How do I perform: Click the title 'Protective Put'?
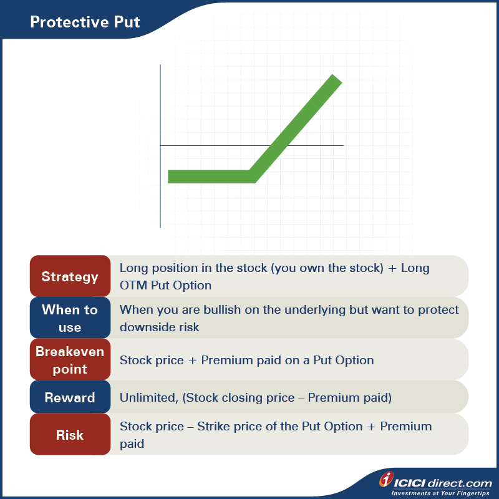pyautogui.click(x=85, y=22)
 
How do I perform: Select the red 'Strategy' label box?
pyautogui.click(x=70, y=276)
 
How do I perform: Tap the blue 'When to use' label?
pyautogui.click(x=70, y=318)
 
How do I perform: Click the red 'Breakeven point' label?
pyautogui.click(x=70, y=360)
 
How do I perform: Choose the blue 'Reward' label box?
pyautogui.click(x=70, y=398)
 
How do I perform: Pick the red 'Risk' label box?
pyautogui.click(x=70, y=435)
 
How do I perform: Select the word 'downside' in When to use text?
pyautogui.click(x=147, y=327)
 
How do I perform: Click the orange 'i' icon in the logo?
pyautogui.click(x=387, y=480)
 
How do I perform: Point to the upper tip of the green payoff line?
pyautogui.click(x=336, y=80)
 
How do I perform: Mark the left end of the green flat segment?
pyautogui.click(x=170, y=177)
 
